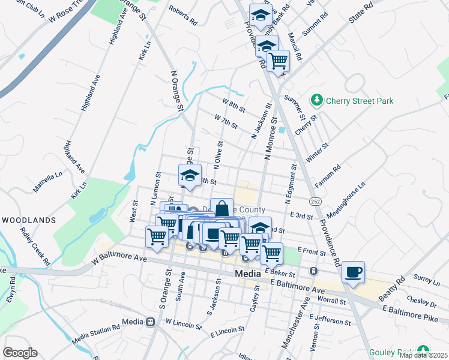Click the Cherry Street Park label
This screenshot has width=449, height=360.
coord(360,101)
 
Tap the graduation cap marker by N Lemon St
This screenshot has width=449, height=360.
coord(190,176)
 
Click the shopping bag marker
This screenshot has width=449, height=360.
coord(221,209)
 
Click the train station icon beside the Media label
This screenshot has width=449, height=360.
coord(149,322)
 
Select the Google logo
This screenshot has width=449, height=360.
coord(20,353)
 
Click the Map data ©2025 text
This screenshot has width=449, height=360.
coord(423,355)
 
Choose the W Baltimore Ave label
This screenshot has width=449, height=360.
coord(119,259)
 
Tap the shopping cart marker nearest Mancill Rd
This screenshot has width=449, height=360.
coord(278,61)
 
